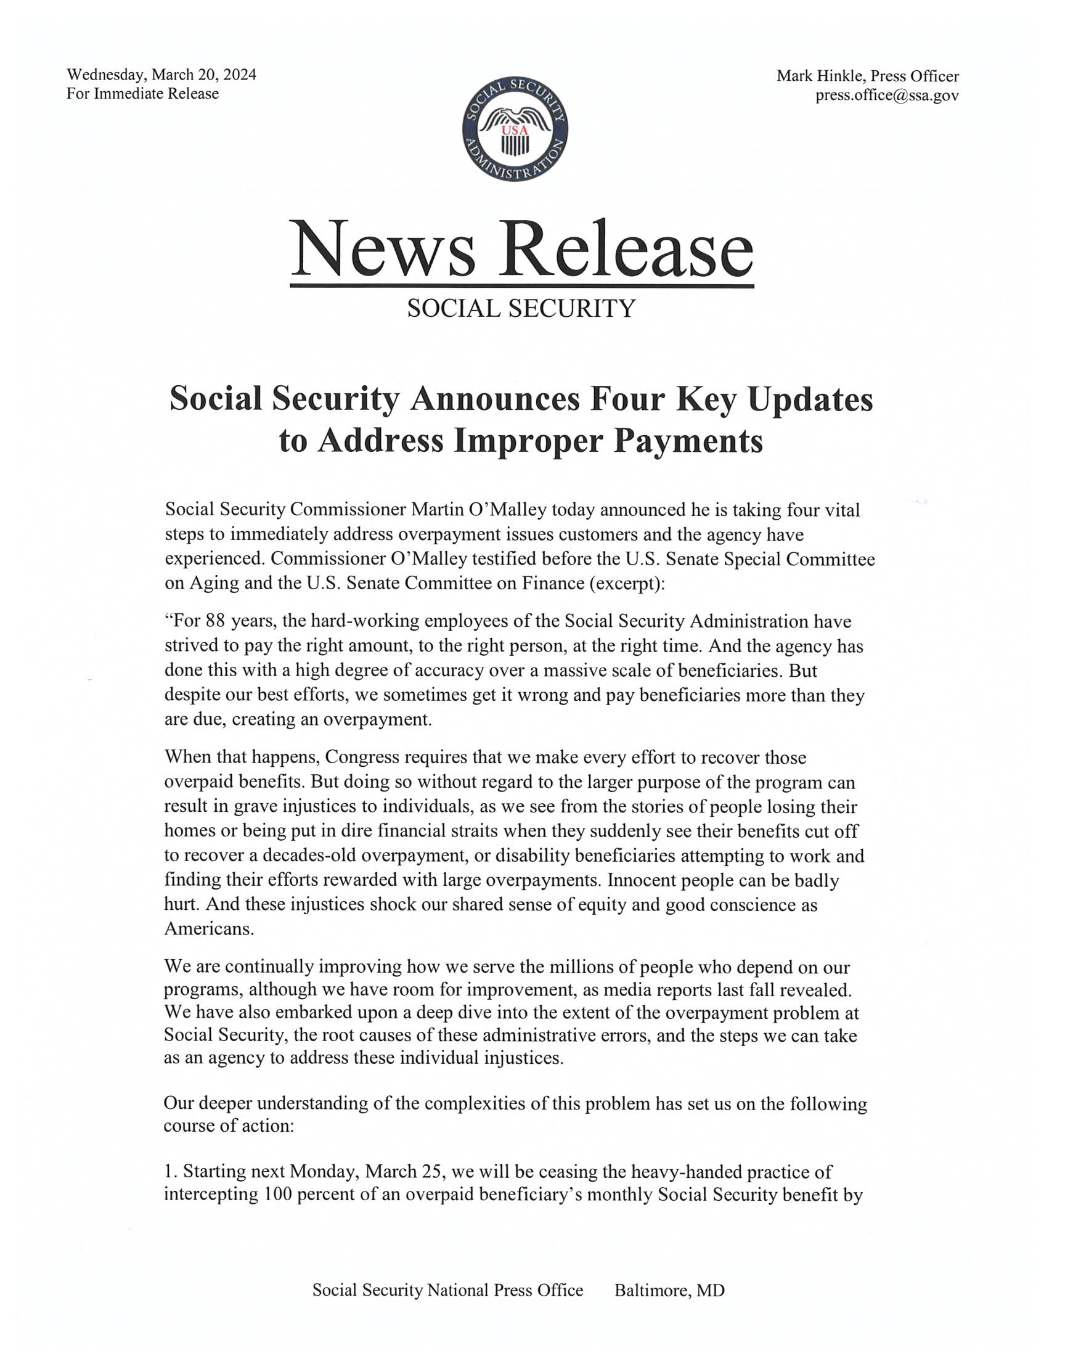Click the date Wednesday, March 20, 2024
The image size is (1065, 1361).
pos(161,75)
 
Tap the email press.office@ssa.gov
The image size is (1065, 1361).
pos(887,96)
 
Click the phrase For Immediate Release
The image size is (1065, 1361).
pos(143,94)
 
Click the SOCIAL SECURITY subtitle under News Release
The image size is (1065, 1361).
pos(521,309)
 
